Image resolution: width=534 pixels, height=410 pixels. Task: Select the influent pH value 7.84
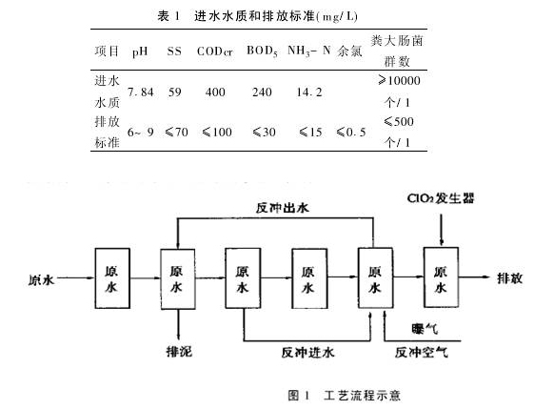click(141, 93)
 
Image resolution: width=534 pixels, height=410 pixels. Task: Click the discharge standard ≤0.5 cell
click(352, 132)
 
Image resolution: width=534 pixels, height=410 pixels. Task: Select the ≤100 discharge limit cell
click(218, 132)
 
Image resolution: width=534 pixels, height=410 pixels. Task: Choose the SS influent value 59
click(174, 93)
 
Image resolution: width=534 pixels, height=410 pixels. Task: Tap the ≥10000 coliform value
click(398, 82)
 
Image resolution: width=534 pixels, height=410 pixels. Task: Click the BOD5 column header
click(264, 51)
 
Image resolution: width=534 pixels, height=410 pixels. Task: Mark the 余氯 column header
click(351, 51)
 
